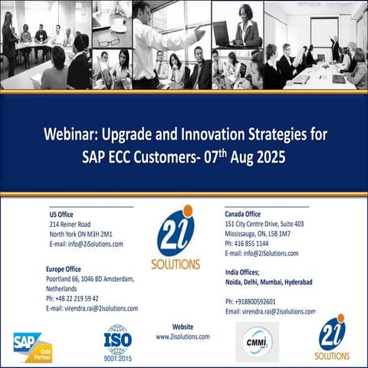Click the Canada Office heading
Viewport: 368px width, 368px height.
[243, 214]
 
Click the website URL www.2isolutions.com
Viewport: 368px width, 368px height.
[182, 337]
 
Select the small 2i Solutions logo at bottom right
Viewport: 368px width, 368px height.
[332, 338]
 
